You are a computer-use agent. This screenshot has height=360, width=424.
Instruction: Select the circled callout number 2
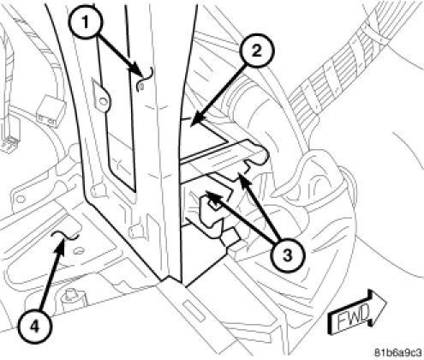pos(257,51)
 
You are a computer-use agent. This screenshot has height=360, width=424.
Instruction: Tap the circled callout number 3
pos(287,255)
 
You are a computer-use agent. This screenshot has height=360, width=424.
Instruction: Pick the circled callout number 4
pos(35,326)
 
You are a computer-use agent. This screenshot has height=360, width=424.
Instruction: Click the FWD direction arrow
pos(356,312)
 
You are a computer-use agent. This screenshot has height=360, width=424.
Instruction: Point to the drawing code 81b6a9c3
pos(398,351)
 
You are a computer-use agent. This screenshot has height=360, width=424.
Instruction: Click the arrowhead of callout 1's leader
pos(137,73)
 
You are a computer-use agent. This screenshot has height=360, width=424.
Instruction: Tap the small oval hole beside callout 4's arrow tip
pos(76,251)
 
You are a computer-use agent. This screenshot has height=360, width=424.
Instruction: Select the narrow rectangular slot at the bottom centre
pos(194,311)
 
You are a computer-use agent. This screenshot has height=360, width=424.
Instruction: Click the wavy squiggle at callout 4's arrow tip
pos(64,236)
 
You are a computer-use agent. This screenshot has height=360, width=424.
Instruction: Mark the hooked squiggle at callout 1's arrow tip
pos(145,80)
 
